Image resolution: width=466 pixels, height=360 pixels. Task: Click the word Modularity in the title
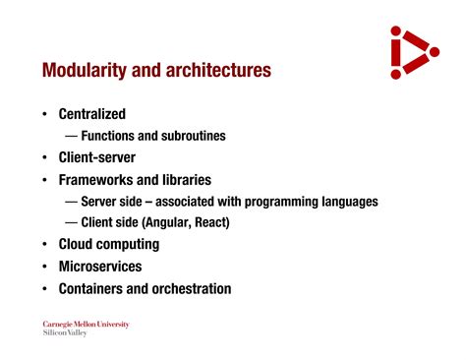pyautogui.click(x=83, y=71)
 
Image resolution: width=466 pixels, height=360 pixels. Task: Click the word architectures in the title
pyautogui.click(x=215, y=71)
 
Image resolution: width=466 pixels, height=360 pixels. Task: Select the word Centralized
pyautogui.click(x=92, y=114)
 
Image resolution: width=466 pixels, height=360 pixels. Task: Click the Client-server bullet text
pyautogui.click(x=96, y=157)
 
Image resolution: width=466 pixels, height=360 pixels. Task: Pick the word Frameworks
pyautogui.click(x=96, y=180)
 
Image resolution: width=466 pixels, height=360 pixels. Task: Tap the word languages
pyautogui.click(x=344, y=202)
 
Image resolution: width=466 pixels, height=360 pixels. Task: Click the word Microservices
pyautogui.click(x=100, y=267)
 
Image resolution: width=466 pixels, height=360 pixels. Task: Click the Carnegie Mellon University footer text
pyautogui.click(x=86, y=324)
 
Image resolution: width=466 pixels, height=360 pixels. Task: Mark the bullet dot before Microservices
pyautogui.click(x=45, y=267)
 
